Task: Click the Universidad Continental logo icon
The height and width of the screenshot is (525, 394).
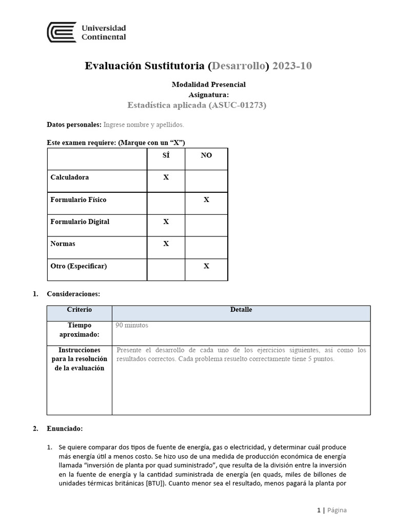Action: click(62, 32)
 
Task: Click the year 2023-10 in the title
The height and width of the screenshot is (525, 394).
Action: click(292, 66)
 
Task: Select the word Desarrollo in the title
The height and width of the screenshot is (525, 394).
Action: click(239, 66)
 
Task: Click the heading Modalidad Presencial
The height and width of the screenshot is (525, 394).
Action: click(208, 84)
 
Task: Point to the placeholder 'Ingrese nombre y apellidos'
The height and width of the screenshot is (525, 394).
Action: click(144, 125)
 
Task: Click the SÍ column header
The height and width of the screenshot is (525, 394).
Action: click(166, 155)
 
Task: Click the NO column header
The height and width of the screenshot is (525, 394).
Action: click(206, 155)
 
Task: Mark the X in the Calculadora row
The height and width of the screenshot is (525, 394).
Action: click(166, 177)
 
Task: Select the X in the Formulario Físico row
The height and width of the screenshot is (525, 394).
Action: click(206, 199)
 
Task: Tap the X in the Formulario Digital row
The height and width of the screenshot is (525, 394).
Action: click(166, 221)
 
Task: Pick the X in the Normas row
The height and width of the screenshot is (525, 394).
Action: click(166, 244)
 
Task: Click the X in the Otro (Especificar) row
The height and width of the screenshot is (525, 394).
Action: click(206, 266)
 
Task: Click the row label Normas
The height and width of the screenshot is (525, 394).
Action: click(63, 244)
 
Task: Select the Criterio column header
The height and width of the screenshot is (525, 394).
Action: click(80, 310)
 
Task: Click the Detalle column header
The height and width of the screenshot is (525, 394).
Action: click(241, 310)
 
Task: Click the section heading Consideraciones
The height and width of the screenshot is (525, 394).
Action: click(73, 294)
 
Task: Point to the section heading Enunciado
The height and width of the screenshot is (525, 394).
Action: click(65, 428)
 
